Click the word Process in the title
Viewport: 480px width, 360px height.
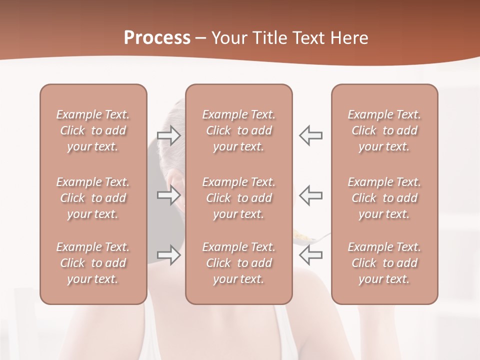point(157,38)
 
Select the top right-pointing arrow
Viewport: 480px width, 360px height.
point(169,135)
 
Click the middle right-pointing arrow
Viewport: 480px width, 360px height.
point(169,195)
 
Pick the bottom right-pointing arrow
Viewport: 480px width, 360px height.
point(169,255)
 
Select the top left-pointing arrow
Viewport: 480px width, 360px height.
point(311,135)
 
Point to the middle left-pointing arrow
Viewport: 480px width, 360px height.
point(311,195)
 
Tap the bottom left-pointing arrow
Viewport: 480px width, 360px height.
point(311,255)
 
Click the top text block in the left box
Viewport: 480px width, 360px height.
point(93,130)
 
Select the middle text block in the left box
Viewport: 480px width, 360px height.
point(93,198)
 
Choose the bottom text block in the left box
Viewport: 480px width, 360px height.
point(93,263)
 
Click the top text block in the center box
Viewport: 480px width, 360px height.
point(239,130)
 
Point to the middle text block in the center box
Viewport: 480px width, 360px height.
point(239,198)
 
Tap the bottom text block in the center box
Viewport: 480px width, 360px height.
point(239,263)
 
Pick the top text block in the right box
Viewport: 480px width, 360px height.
point(384,130)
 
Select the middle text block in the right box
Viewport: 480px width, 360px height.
point(384,198)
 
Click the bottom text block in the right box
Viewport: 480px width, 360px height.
point(384,263)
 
